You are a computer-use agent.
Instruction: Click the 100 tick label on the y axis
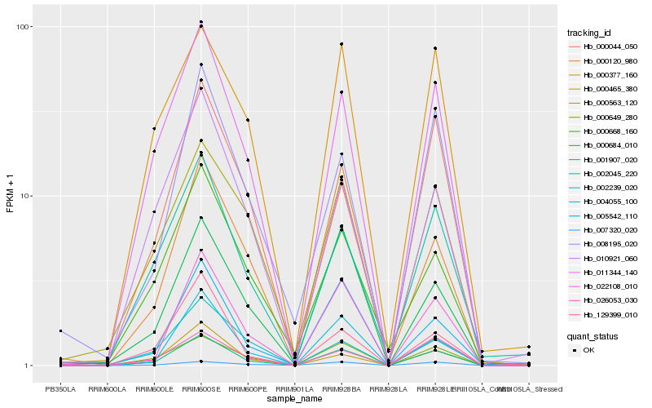[23, 27]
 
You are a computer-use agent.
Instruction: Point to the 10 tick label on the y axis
[25, 196]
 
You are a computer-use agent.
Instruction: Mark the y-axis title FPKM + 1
[11, 196]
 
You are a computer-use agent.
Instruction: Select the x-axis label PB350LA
[60, 388]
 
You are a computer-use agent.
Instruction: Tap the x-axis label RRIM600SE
[200, 388]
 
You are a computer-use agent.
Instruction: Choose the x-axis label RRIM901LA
[294, 388]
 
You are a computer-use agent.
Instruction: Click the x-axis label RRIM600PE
[248, 388]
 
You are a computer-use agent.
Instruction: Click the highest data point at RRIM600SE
[200, 22]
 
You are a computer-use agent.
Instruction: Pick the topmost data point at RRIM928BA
[341, 44]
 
